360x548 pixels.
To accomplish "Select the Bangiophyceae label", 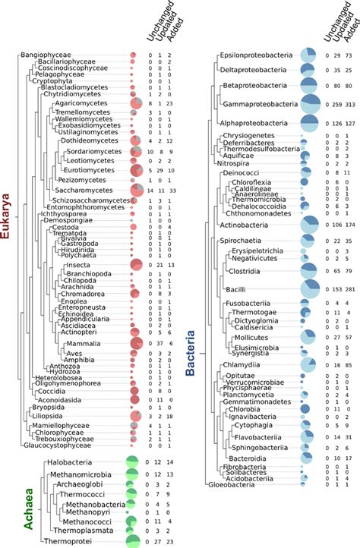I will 46,55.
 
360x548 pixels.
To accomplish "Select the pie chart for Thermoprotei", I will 134,541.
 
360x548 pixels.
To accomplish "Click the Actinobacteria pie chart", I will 309,225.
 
